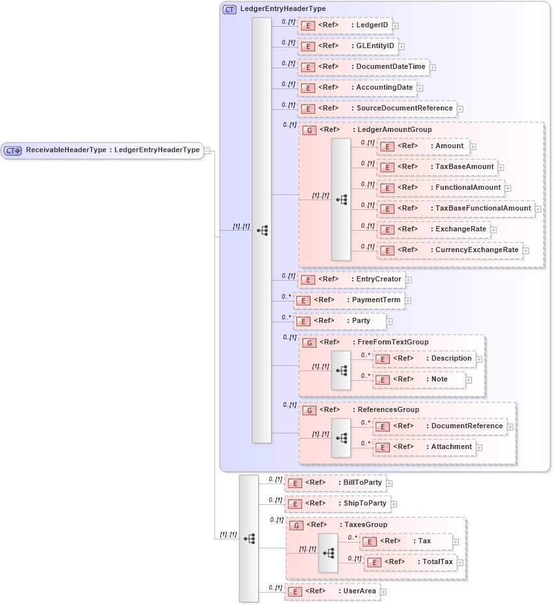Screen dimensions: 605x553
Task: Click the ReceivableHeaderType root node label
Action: [112, 150]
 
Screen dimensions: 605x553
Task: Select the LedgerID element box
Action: [345, 25]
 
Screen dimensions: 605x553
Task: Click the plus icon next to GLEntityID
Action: [402, 47]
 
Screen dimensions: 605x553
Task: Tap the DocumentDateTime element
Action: [363, 67]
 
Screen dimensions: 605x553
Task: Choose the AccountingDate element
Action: [357, 88]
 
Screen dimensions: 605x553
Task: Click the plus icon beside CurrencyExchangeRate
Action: [526, 251]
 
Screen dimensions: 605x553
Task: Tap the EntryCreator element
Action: [351, 279]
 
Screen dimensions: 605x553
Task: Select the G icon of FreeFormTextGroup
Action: [311, 342]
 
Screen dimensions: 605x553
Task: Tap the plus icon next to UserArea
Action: [383, 592]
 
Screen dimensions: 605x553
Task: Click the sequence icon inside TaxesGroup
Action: [328, 553]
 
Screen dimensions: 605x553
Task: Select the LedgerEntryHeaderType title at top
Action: [283, 9]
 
